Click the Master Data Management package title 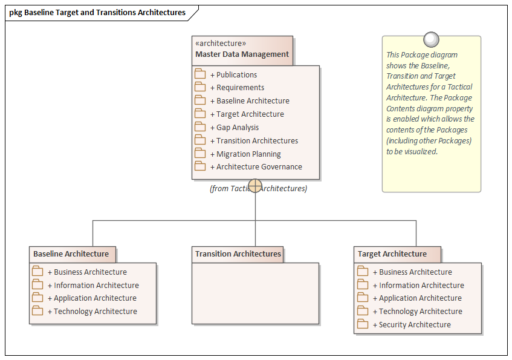242,54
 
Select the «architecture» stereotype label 221,43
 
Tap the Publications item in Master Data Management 236,74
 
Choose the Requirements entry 240,88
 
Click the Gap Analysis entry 238,127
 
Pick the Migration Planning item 248,154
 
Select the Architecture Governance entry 259,167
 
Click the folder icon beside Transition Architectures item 200,140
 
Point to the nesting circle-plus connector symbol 255,186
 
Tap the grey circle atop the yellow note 431,40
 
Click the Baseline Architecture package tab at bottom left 71,254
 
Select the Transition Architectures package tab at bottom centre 238,254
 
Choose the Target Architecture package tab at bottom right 392,254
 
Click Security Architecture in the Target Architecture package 415,325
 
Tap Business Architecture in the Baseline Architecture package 90,272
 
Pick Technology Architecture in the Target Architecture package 420,312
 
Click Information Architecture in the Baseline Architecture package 96,286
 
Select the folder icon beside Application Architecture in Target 363,298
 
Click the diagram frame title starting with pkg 97,12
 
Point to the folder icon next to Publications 200,74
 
